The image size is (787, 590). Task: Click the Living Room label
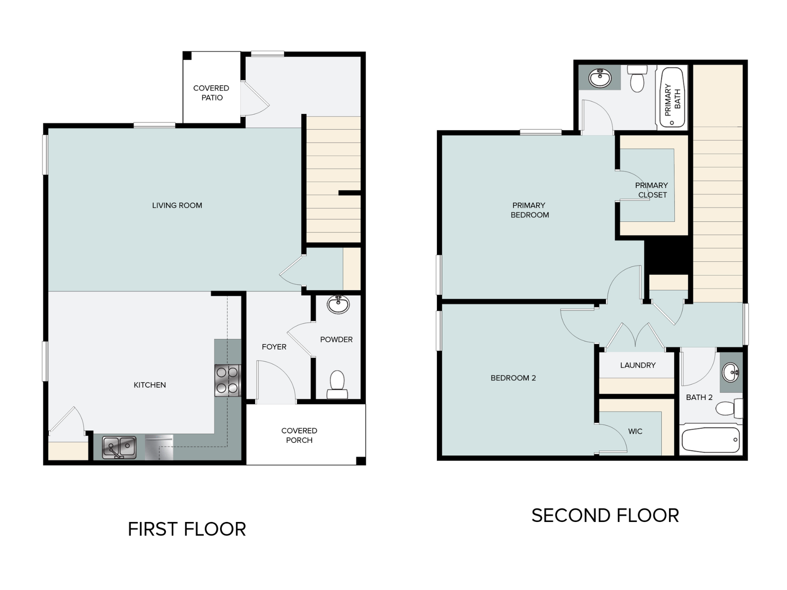click(x=177, y=205)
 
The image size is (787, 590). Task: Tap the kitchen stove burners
click(x=227, y=380)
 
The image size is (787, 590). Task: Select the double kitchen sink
click(x=119, y=447)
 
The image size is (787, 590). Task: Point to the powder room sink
click(x=338, y=304)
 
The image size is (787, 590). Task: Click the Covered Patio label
click(x=212, y=93)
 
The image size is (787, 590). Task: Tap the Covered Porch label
click(x=299, y=435)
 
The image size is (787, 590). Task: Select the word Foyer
click(x=274, y=347)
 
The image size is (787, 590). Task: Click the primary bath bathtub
click(x=672, y=98)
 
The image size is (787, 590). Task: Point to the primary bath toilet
click(x=637, y=78)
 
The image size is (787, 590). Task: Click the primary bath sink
click(x=600, y=77)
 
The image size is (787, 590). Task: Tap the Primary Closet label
click(x=652, y=190)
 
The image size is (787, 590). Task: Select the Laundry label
click(x=638, y=365)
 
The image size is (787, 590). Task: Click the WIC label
click(x=635, y=431)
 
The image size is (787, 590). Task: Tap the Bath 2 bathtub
click(x=711, y=440)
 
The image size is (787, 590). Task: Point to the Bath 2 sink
click(x=731, y=372)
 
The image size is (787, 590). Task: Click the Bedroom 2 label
click(x=513, y=378)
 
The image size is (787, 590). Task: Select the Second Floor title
click(x=605, y=515)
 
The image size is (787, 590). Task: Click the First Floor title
click(x=187, y=529)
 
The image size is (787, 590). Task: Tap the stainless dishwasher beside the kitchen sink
click(x=159, y=447)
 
